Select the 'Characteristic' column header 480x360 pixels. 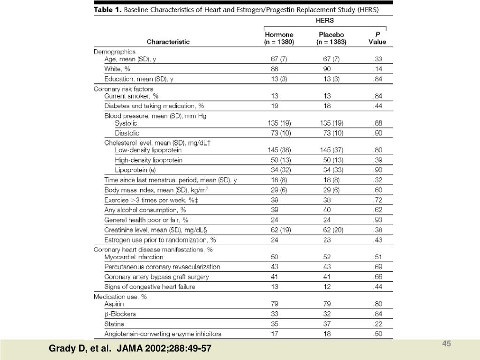coord(168,42)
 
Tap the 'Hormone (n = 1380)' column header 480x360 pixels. coord(279,38)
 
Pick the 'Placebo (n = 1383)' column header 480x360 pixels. coord(331,38)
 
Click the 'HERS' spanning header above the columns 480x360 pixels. coord(324,21)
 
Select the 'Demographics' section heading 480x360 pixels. coord(115,52)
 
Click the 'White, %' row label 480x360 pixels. coord(117,69)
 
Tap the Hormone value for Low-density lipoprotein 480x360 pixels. coord(279,150)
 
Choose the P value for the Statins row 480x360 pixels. coord(378,324)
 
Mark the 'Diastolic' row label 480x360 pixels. coord(127,133)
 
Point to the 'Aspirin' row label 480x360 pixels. coord(114,304)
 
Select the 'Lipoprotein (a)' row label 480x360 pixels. coord(136,170)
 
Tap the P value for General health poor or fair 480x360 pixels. coord(378,220)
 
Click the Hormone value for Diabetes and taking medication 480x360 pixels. coord(275,106)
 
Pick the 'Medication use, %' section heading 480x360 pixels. coord(120,297)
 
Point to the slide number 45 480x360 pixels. coord(447,345)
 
